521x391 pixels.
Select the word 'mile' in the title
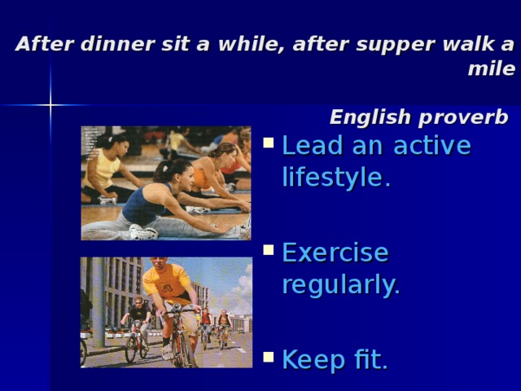pyautogui.click(x=491, y=69)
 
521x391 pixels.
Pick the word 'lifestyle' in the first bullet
pyautogui.click(x=332, y=177)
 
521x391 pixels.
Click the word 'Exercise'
pyautogui.click(x=335, y=253)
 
